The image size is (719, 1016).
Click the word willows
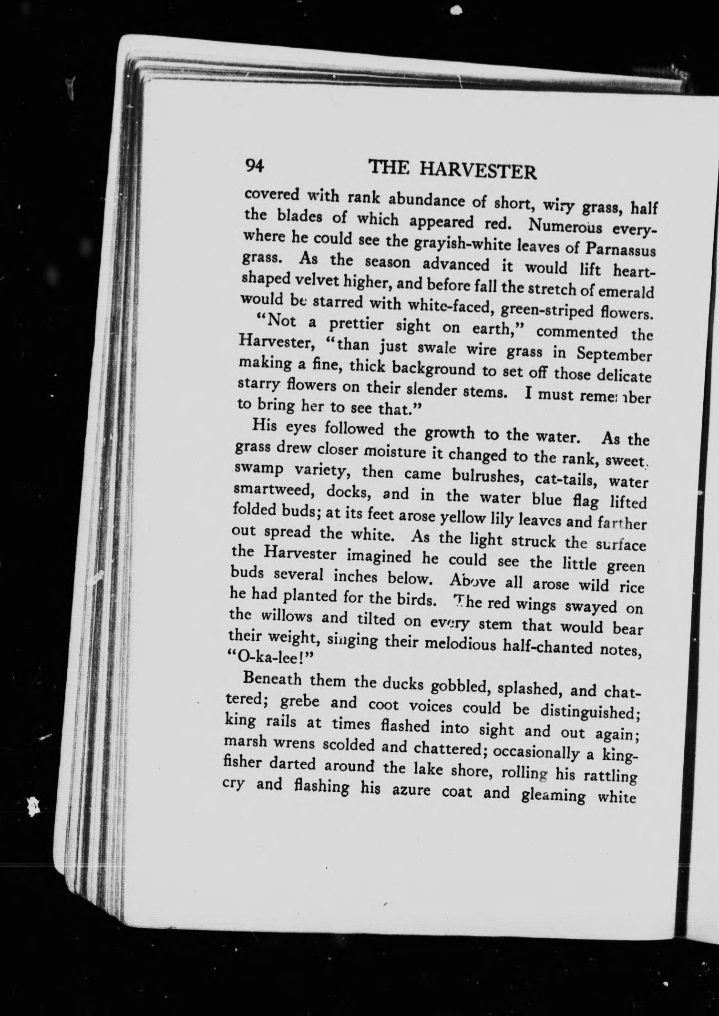[x=283, y=617]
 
